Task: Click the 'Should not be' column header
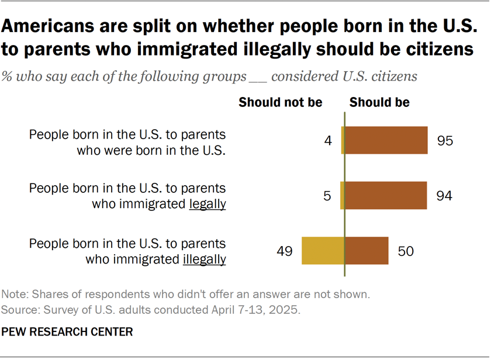(x=281, y=102)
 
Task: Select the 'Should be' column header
(x=379, y=102)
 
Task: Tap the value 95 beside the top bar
(x=445, y=141)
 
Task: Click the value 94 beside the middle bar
(x=445, y=195)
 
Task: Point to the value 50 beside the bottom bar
(x=406, y=251)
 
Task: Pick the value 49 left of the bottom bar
(x=285, y=251)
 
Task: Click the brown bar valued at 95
(x=386, y=141)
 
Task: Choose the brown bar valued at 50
(x=366, y=251)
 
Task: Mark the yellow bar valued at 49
(x=323, y=251)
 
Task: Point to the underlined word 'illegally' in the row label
(x=204, y=259)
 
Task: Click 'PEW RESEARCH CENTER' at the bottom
(x=67, y=333)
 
